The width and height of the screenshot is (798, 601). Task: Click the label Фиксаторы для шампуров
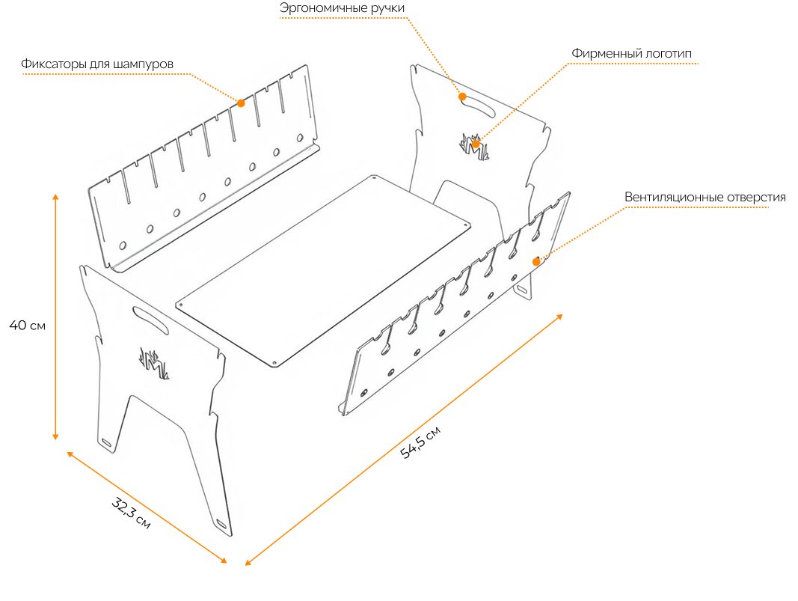pyautogui.click(x=97, y=64)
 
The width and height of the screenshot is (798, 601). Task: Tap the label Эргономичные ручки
pyautogui.click(x=342, y=8)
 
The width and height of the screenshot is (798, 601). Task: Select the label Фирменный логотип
pyautogui.click(x=631, y=53)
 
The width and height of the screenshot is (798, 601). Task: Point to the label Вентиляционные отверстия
pyautogui.click(x=705, y=197)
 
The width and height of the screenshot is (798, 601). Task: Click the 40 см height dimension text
pyautogui.click(x=28, y=325)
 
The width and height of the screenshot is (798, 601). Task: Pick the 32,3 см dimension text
pyautogui.click(x=131, y=513)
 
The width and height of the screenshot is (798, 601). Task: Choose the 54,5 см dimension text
pyautogui.click(x=420, y=442)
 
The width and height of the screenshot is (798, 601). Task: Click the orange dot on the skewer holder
pyautogui.click(x=241, y=103)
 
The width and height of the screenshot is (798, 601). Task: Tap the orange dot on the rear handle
pyautogui.click(x=462, y=97)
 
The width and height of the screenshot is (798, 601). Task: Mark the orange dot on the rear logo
pyautogui.click(x=476, y=144)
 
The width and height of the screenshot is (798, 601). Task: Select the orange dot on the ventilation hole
pyautogui.click(x=536, y=262)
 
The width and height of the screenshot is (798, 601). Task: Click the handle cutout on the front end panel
pyautogui.click(x=150, y=320)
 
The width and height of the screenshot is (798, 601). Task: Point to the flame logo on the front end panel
pyautogui.click(x=154, y=363)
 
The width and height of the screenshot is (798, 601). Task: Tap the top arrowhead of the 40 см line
pyautogui.click(x=55, y=197)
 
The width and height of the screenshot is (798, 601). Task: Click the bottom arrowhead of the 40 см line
pyautogui.click(x=55, y=436)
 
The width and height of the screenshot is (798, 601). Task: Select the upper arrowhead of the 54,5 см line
pyautogui.click(x=559, y=317)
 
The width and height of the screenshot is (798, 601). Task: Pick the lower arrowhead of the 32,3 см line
pyautogui.click(x=224, y=561)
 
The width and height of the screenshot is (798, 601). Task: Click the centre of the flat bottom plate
pyautogui.click(x=323, y=270)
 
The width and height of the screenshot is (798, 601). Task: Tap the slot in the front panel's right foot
pyautogui.click(x=222, y=524)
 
